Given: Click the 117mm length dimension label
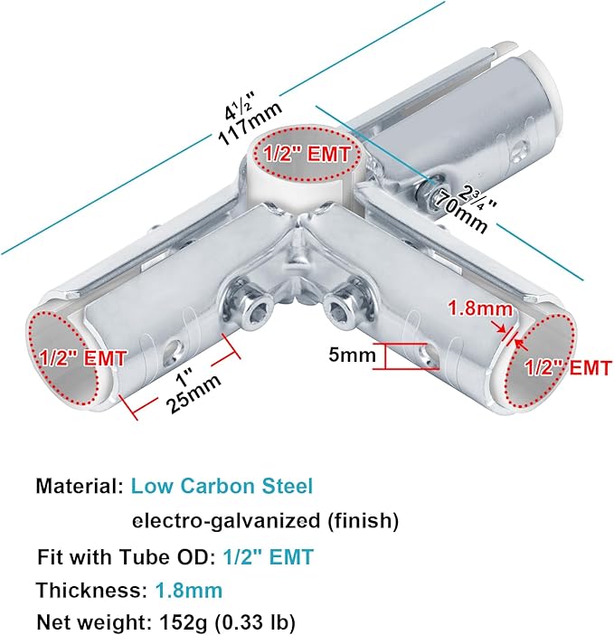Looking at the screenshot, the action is pos(250,124).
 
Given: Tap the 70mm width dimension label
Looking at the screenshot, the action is pos(458,213).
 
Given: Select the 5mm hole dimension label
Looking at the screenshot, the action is pos(352,355).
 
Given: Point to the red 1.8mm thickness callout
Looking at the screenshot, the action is pos(480,309).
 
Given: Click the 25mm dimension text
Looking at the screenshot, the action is pos(194,393).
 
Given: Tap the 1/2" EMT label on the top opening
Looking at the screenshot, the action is pos(307,154).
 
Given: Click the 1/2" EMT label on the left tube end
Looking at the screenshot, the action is pos(83,358).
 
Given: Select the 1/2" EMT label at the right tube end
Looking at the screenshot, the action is pos(568,368).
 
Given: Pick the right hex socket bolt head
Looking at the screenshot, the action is pos(340,309).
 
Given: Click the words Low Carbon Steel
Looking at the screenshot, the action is pos(222,486).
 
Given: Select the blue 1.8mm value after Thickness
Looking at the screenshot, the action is pos(189,590).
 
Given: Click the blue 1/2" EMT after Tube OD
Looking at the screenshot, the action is pos(269,557).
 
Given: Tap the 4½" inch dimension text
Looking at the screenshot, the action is pos(241,106).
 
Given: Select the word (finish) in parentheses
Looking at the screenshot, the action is pos(363,520).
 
